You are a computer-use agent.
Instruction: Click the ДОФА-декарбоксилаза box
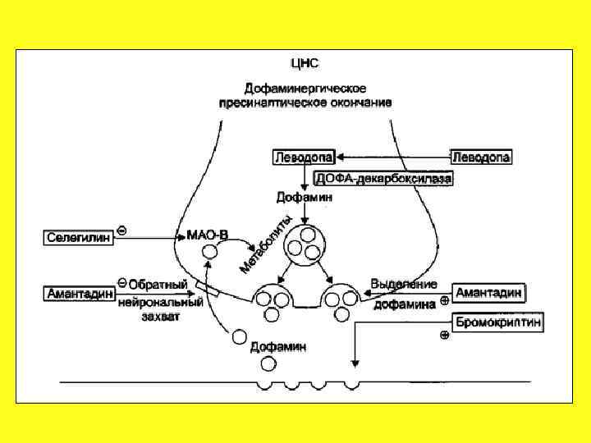coord(383,177)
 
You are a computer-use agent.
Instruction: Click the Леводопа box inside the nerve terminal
coord(304,157)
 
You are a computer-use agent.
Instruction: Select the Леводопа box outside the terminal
coord(481,157)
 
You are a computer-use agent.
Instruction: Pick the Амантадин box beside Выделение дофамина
coord(489,293)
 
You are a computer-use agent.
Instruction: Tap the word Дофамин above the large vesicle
coord(304,198)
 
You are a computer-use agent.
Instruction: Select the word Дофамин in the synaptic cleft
coord(278,347)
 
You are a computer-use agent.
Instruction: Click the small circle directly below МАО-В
coord(210,253)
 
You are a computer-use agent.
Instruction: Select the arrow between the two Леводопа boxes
coord(393,156)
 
